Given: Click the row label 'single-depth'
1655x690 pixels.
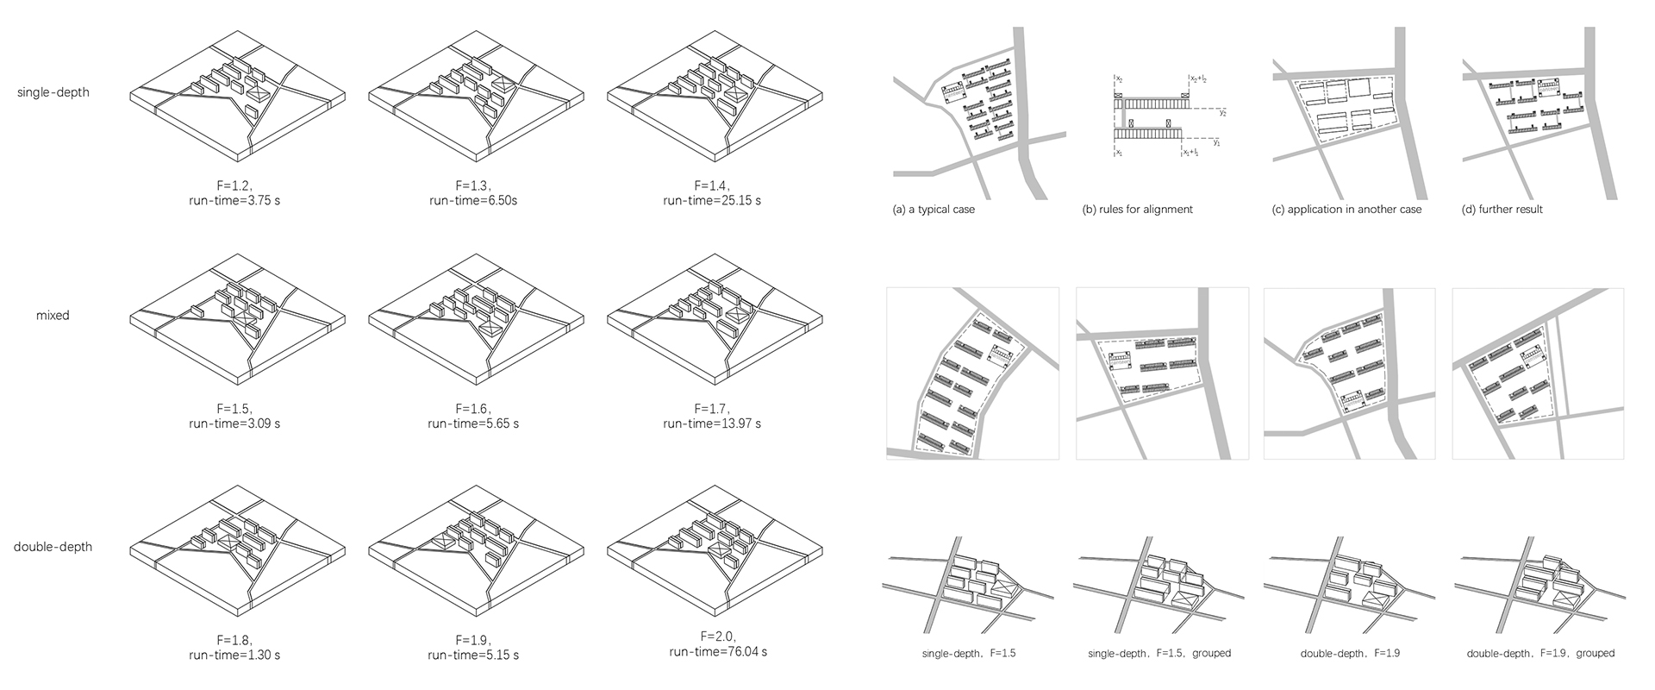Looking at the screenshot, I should click(x=53, y=92).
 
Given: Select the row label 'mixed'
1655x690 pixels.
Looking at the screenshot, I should click(x=53, y=316).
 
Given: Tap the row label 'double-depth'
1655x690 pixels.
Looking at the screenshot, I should click(x=53, y=547).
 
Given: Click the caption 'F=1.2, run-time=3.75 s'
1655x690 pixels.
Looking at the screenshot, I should click(x=234, y=193).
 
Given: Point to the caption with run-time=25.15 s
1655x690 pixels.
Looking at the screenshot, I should click(x=712, y=193).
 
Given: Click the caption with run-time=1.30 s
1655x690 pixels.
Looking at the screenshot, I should click(x=234, y=648).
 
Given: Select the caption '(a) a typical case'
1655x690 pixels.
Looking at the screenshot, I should click(x=934, y=210).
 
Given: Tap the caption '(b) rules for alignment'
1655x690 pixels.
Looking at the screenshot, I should click(x=1138, y=210).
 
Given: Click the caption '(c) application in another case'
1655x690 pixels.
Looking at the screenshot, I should click(x=1346, y=210).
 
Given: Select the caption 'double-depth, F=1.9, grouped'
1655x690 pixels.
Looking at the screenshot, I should click(x=1540, y=654).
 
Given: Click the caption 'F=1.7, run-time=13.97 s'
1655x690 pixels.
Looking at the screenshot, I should click(x=712, y=416).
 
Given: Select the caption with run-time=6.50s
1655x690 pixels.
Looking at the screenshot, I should click(x=473, y=193).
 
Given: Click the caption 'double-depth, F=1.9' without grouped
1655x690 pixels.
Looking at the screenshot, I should click(x=1350, y=654).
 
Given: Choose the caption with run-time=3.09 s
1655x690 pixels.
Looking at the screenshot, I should click(x=234, y=416).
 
